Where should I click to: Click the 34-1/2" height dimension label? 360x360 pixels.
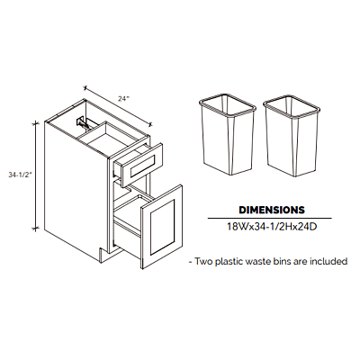point(20,175)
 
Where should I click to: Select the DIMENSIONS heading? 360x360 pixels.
point(272,210)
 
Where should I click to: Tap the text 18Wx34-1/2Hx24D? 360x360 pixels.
point(272,227)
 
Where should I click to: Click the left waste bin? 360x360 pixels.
point(228,134)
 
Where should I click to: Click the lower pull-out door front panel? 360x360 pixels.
point(162,227)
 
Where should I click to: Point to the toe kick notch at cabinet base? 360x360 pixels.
point(103,253)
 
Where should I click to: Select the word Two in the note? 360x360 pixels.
point(203,261)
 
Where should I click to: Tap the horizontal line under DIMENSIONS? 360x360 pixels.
point(270,218)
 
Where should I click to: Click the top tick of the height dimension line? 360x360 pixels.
point(36,122)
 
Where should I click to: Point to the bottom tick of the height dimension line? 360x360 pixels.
point(36,229)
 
